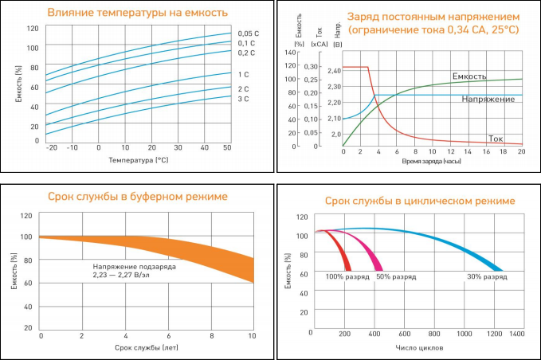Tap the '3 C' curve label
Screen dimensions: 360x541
243,99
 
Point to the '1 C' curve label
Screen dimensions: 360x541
243,75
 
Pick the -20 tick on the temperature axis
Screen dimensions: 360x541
52,148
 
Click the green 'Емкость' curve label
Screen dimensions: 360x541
468,76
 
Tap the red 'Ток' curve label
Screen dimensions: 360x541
496,136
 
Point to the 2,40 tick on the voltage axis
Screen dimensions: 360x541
333,71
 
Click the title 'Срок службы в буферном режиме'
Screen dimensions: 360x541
137,196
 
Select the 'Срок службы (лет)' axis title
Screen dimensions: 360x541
146,348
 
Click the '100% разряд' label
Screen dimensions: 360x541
346,276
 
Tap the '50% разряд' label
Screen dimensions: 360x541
395,276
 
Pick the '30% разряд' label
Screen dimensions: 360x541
487,276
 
